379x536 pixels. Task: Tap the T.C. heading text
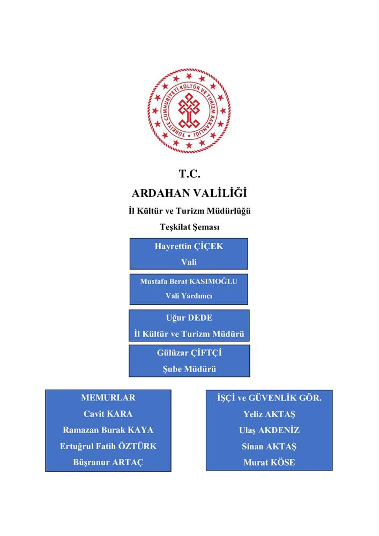click(x=189, y=174)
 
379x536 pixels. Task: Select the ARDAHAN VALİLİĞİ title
click(x=189, y=193)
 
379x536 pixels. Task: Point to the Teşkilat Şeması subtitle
click(x=189, y=227)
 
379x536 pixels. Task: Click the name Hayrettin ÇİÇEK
click(x=189, y=247)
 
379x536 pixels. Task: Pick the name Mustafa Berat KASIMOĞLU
click(x=189, y=281)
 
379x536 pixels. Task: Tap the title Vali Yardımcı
click(x=189, y=296)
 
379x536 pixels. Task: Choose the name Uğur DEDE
click(x=189, y=318)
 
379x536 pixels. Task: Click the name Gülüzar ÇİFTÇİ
click(x=189, y=353)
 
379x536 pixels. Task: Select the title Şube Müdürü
click(x=189, y=369)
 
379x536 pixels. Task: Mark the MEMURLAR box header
click(x=108, y=398)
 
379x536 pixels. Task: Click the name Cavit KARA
click(x=108, y=414)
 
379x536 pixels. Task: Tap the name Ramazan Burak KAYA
click(x=108, y=430)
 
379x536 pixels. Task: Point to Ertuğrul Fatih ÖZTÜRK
click(x=108, y=446)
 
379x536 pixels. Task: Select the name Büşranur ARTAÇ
click(x=108, y=463)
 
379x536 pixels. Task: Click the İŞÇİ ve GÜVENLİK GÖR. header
click(x=269, y=398)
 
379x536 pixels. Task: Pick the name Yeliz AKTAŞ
click(x=269, y=414)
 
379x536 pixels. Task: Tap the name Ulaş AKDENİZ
click(x=269, y=430)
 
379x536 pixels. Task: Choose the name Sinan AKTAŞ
click(x=269, y=446)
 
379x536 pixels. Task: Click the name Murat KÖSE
click(x=269, y=463)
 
